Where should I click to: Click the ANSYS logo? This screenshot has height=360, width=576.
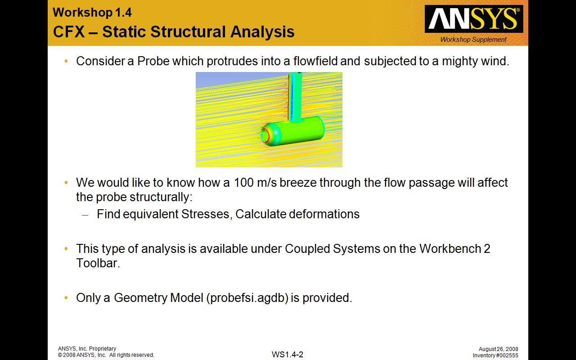click(x=474, y=19)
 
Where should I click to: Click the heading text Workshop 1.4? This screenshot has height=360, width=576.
click(x=92, y=13)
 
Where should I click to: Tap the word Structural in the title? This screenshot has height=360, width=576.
click(x=189, y=32)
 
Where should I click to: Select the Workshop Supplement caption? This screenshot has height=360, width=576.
click(x=473, y=40)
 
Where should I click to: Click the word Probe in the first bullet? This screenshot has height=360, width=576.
click(x=153, y=61)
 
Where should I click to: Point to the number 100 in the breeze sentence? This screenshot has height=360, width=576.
click(x=243, y=183)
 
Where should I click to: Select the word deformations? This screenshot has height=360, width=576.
click(x=324, y=214)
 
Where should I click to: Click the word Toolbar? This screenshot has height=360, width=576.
click(x=98, y=263)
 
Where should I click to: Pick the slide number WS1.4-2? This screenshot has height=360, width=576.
click(x=288, y=355)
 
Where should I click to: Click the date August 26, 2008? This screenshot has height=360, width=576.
click(x=498, y=349)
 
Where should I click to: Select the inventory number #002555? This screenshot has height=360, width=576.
click(x=504, y=355)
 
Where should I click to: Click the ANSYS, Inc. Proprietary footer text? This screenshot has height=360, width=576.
click(x=87, y=348)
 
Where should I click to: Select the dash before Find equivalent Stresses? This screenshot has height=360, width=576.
click(x=85, y=215)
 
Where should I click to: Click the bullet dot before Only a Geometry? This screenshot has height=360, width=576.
click(x=66, y=298)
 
